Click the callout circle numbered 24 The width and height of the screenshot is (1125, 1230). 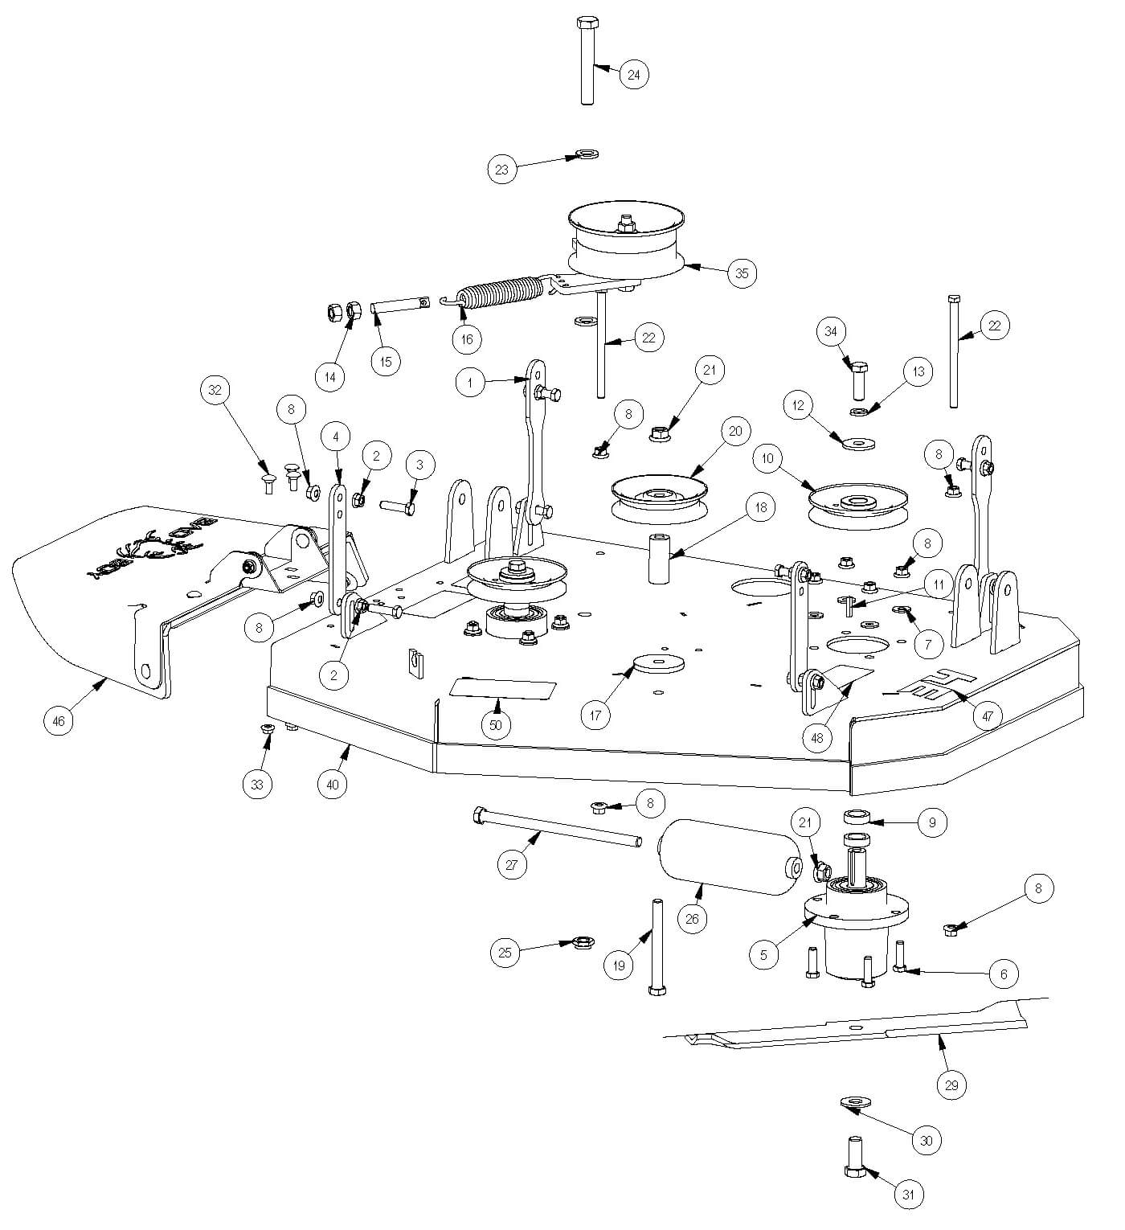[633, 75]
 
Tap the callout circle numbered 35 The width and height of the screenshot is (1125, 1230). [741, 273]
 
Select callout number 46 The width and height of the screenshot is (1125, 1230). [58, 721]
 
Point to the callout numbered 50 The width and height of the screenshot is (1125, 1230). [496, 724]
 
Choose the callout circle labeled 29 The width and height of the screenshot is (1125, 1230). [952, 1084]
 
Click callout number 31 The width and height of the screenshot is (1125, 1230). [908, 1195]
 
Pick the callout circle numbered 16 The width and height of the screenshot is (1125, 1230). [467, 338]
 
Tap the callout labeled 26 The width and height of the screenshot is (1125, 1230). [693, 919]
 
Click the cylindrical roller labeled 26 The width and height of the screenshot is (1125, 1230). [731, 865]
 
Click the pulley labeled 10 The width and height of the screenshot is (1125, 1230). [858, 504]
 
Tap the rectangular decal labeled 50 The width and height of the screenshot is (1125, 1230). [502, 689]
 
